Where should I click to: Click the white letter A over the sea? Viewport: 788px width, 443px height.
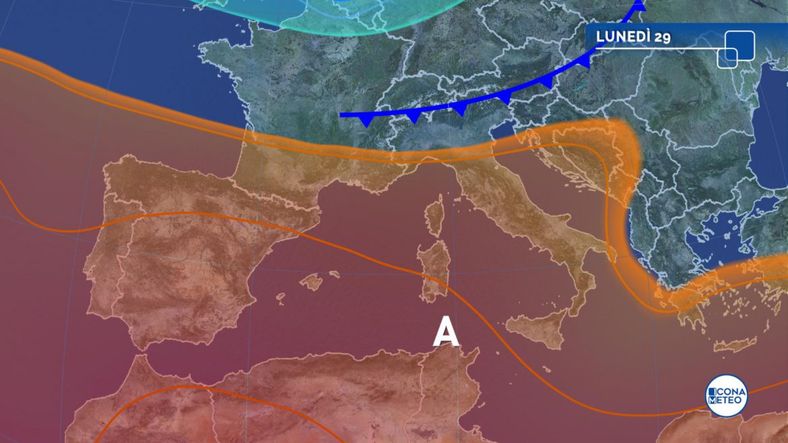click(446, 332)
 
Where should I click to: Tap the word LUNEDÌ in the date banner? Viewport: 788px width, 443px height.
click(623, 36)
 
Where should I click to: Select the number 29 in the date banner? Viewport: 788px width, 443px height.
click(662, 37)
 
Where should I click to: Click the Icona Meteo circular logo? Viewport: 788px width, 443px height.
click(726, 395)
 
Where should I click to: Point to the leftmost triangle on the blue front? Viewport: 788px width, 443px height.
click(366, 121)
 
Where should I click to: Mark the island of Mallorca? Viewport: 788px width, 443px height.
click(311, 281)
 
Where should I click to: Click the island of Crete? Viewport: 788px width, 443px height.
click(734, 345)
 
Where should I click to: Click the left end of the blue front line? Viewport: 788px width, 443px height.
click(342, 115)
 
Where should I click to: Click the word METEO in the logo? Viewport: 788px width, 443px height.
click(726, 401)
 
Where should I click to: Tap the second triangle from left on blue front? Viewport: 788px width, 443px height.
click(413, 116)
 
